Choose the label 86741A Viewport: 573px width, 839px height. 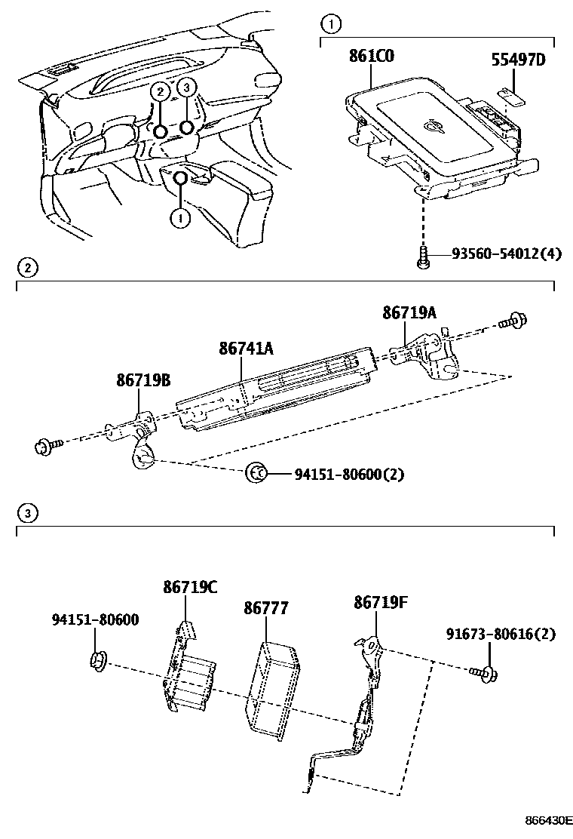pos(246,349)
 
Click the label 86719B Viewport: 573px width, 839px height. pos(142,382)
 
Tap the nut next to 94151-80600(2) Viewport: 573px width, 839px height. pos(256,474)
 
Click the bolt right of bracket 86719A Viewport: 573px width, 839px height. pos(516,320)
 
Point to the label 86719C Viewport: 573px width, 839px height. pos(190,586)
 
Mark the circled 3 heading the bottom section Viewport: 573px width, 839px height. pos(27,514)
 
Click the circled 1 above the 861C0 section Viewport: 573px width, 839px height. pos(329,20)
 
